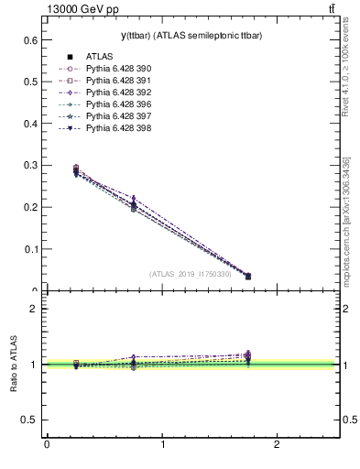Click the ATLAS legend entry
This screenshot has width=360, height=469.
point(99,57)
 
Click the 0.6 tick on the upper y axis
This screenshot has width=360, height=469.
point(29,40)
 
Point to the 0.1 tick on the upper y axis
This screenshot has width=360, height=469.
point(29,248)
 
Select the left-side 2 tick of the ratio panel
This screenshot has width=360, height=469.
point(33,309)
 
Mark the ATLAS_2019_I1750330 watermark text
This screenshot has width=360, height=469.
point(191,274)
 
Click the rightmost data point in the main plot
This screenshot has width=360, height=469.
point(247,276)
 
